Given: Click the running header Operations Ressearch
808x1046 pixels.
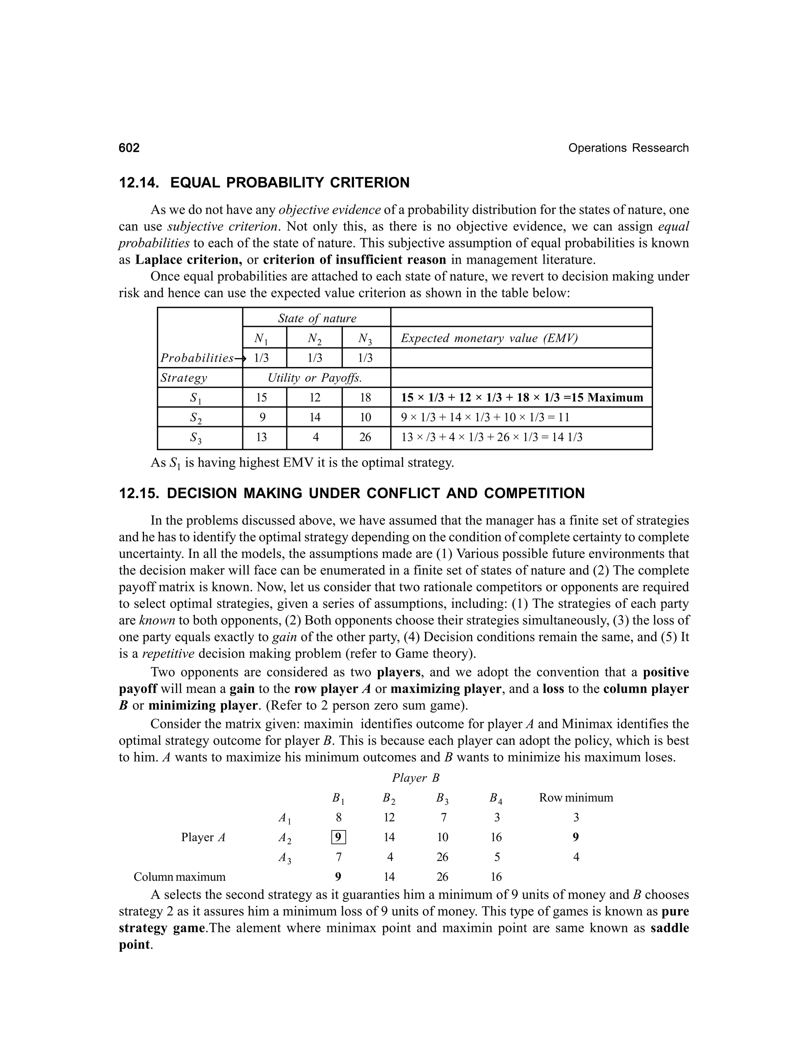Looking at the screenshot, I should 628,148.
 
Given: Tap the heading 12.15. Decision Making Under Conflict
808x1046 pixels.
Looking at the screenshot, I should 352,493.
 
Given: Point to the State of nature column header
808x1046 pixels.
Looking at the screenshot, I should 317,318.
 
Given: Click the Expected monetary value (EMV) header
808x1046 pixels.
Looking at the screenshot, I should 489,338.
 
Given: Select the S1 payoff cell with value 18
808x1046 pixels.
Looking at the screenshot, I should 365,397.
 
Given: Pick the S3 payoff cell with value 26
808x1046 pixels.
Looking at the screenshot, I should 365,437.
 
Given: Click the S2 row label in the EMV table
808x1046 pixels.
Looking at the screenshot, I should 196,418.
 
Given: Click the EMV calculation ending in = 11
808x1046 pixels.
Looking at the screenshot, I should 485,417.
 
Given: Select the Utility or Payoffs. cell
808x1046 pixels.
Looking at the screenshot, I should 314,378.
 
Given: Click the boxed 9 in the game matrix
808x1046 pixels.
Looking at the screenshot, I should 339,837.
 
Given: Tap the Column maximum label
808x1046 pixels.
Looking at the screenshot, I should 179,877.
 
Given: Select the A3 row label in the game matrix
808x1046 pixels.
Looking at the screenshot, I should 285,857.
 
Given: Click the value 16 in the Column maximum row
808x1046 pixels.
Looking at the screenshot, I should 496,877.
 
